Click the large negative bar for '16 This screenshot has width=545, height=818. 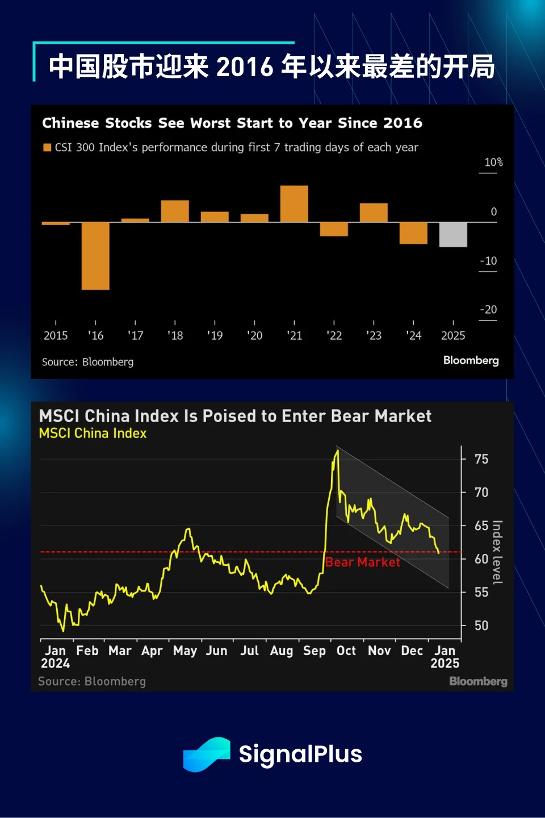click(95, 256)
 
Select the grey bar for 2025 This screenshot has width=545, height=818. click(453, 234)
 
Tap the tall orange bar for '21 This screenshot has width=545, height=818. click(294, 203)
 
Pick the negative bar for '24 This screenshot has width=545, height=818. click(413, 233)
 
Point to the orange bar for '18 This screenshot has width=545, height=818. click(175, 211)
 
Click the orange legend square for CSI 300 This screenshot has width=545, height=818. click(47, 148)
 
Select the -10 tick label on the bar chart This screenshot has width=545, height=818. click(488, 261)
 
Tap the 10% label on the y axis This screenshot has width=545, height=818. click(493, 162)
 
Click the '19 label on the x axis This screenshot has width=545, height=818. click(215, 336)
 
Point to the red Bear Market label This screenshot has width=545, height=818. click(362, 562)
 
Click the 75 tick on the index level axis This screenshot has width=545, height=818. click(481, 459)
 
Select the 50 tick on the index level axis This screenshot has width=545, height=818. click(481, 625)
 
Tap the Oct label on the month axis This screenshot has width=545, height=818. click(346, 651)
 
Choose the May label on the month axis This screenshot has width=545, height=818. click(185, 651)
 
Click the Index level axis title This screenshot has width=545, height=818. click(497, 552)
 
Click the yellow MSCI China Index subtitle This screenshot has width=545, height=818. click(93, 433)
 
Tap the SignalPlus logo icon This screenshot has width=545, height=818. click(207, 754)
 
